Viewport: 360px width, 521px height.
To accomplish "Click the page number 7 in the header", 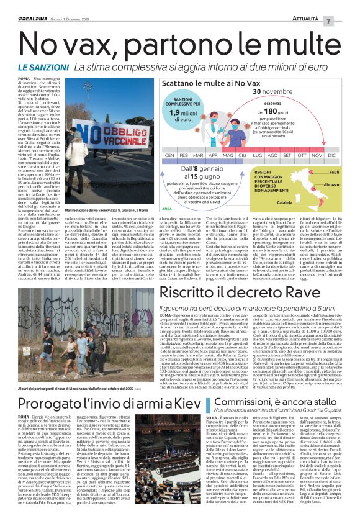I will [x=346, y=21].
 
